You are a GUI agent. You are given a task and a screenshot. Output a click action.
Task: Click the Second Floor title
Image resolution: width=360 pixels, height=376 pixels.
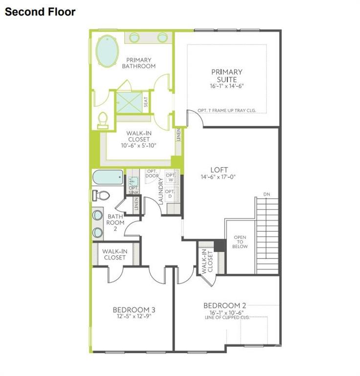click(40, 12)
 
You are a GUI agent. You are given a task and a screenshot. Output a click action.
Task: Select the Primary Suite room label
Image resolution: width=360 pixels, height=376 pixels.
click(226, 75)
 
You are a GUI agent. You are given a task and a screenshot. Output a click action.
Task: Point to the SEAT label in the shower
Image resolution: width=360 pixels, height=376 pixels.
click(146, 102)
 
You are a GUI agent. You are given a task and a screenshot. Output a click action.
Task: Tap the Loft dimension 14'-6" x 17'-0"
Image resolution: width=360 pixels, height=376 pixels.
click(218, 177)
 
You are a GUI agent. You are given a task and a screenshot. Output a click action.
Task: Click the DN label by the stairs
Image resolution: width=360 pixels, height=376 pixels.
click(266, 194)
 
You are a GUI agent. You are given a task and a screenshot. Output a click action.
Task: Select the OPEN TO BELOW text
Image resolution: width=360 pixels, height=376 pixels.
click(240, 242)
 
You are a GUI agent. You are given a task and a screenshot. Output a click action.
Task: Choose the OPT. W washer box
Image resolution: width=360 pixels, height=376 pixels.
click(171, 177)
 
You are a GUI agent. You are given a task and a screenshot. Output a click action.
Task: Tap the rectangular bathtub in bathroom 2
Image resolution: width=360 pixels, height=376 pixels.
click(108, 177)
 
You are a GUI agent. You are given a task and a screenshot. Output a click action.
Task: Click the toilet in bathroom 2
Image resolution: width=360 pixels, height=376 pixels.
click(100, 195)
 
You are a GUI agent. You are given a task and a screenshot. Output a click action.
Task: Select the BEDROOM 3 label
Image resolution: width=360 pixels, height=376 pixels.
click(134, 309)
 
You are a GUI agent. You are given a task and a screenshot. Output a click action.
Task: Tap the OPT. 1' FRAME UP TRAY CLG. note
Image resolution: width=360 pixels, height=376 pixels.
click(226, 110)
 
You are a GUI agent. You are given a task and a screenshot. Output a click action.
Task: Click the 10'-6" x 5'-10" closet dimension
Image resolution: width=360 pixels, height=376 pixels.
click(138, 145)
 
